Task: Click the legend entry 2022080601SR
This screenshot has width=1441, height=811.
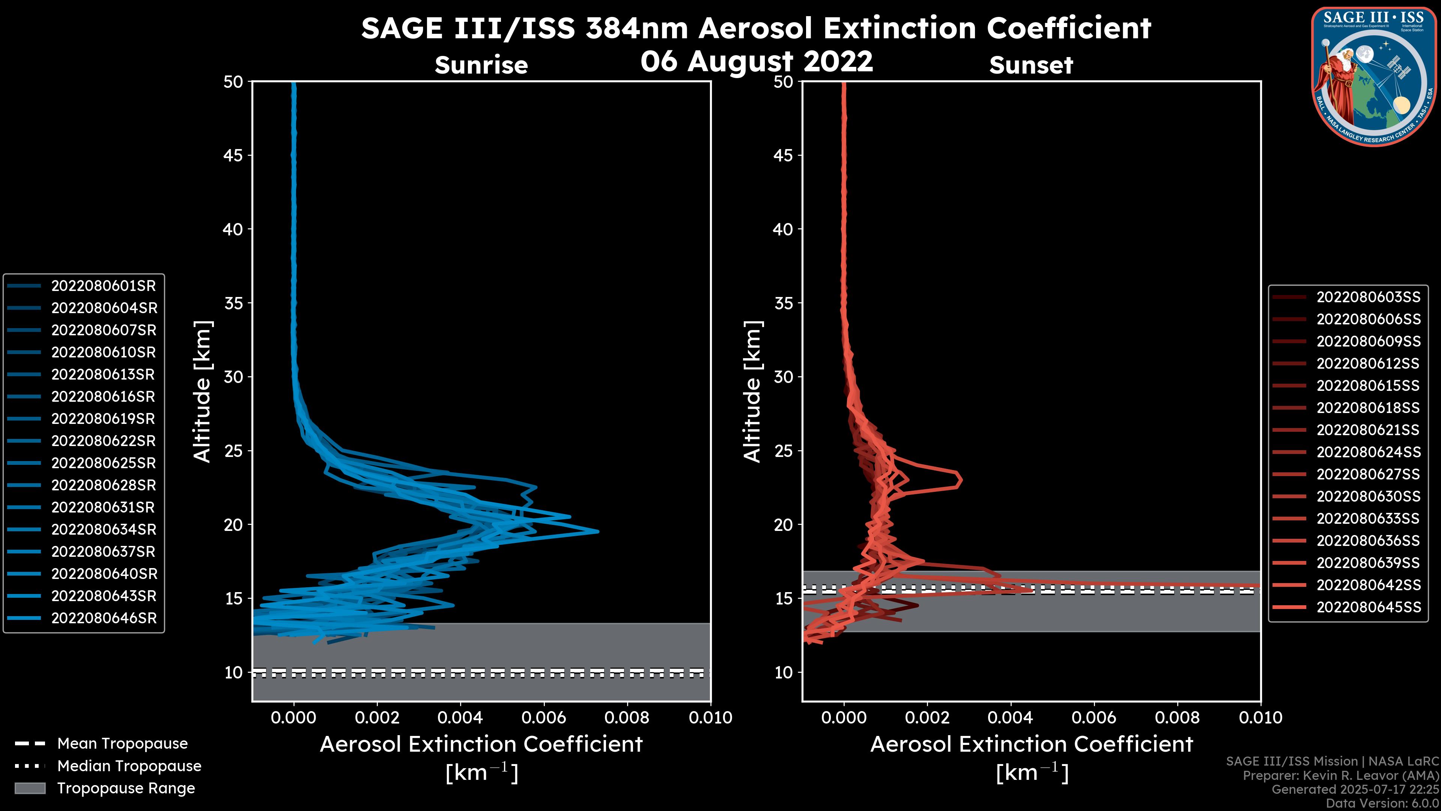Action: [104, 286]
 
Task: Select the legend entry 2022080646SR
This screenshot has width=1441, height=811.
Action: [104, 618]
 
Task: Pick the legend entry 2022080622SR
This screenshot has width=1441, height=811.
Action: [104, 441]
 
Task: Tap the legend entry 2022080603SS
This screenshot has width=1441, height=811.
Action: [1368, 297]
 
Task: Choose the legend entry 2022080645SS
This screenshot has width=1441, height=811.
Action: [1368, 607]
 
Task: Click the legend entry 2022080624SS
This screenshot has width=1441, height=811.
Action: [1368, 452]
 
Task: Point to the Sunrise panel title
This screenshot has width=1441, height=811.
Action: [481, 65]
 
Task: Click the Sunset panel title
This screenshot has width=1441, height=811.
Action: [1031, 65]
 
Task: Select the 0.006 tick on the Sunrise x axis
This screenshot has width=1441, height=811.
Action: [544, 718]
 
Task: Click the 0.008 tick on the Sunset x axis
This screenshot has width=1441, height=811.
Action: [1178, 718]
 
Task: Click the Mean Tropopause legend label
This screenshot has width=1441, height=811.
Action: [122, 744]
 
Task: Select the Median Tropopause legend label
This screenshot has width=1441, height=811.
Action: [129, 766]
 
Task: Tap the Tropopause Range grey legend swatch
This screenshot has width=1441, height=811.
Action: [30, 788]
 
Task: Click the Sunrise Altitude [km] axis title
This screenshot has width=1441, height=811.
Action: [203, 391]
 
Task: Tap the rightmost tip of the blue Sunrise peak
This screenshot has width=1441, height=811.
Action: [598, 531]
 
